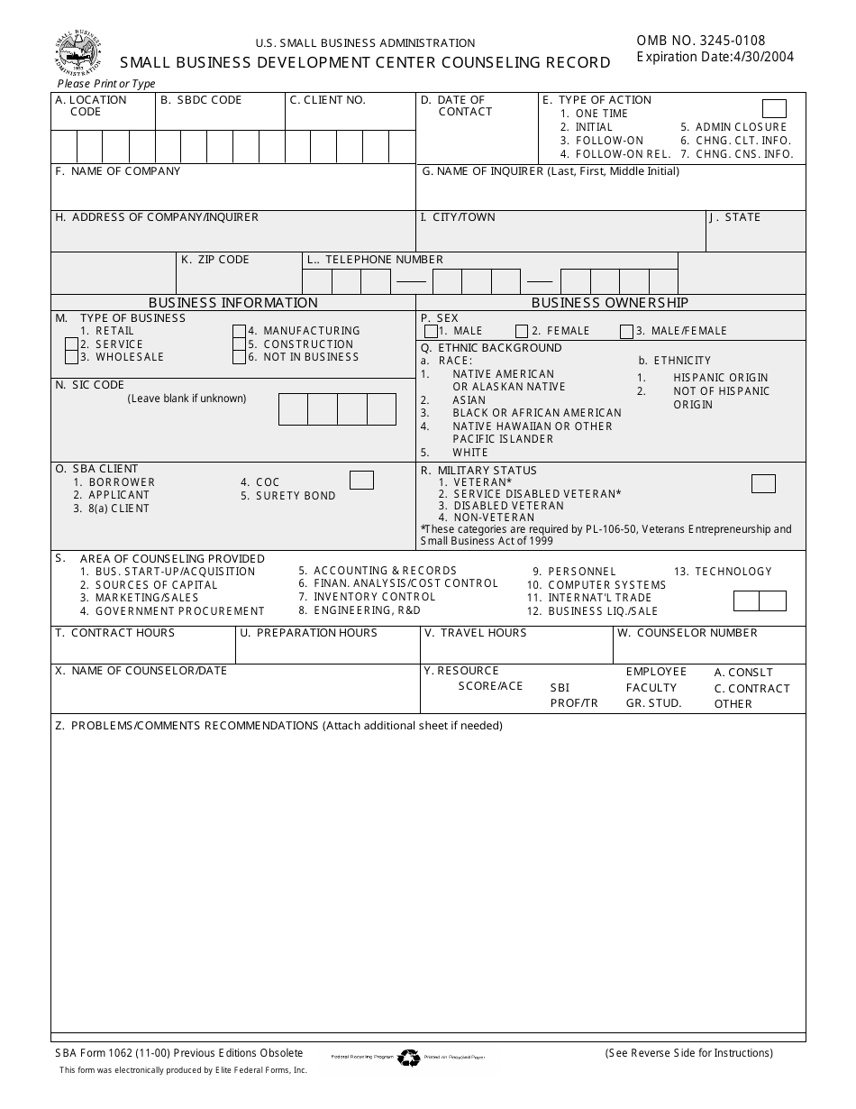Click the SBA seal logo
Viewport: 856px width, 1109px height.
click(x=78, y=53)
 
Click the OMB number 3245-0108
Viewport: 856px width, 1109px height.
click(x=701, y=41)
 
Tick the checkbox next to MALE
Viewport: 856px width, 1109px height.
click(x=431, y=332)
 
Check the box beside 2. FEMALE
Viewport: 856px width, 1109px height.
click(x=522, y=332)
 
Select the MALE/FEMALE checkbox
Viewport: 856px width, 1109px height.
click(x=626, y=332)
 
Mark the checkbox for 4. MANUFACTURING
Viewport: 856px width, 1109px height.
click(x=239, y=331)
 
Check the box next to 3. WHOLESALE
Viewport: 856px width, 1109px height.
click(x=71, y=357)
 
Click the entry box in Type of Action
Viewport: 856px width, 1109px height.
click(x=774, y=109)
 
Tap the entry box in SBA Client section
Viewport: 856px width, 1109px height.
click(x=361, y=481)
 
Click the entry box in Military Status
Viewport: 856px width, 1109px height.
click(x=763, y=484)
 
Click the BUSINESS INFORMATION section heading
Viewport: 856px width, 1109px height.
click(x=232, y=303)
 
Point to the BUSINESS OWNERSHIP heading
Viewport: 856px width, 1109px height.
click(x=609, y=303)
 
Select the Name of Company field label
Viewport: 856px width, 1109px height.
click(x=118, y=171)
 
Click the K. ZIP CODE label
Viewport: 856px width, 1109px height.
click(x=214, y=260)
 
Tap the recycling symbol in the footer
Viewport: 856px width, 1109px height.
click(x=409, y=1058)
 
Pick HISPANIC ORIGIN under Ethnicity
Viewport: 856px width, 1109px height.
click(x=720, y=378)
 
